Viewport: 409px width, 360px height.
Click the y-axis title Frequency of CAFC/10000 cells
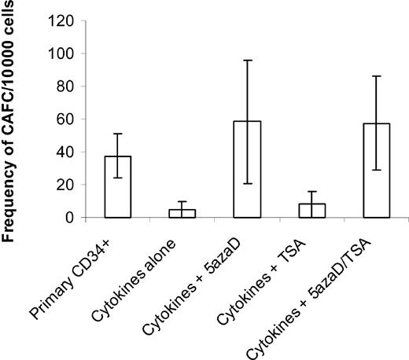coord(15,118)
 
